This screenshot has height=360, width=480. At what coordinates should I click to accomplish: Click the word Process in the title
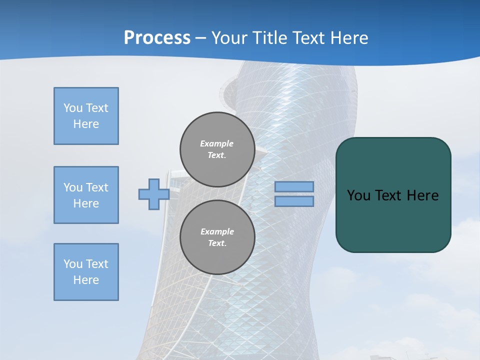(x=157, y=38)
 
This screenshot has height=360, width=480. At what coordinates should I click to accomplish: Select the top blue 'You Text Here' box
(x=86, y=116)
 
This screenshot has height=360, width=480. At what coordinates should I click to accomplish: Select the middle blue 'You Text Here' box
(x=86, y=195)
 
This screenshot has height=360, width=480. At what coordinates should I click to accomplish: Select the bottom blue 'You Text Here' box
(x=86, y=272)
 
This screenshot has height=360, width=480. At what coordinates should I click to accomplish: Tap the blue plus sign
(x=153, y=194)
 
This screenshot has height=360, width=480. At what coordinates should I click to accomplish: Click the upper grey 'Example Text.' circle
(x=217, y=149)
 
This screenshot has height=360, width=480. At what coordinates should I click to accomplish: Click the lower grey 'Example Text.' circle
(x=217, y=237)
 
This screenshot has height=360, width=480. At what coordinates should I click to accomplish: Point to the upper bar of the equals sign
(x=294, y=186)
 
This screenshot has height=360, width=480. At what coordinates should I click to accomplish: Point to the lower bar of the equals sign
(x=294, y=201)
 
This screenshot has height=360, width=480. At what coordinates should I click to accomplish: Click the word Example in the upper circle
(x=217, y=143)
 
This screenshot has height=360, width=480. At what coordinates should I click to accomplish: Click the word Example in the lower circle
(x=217, y=231)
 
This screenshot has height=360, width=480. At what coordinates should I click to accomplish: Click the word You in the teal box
(x=358, y=195)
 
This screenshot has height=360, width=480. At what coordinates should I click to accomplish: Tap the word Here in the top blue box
(x=86, y=124)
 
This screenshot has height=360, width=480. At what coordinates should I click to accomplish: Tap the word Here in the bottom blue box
(x=86, y=280)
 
